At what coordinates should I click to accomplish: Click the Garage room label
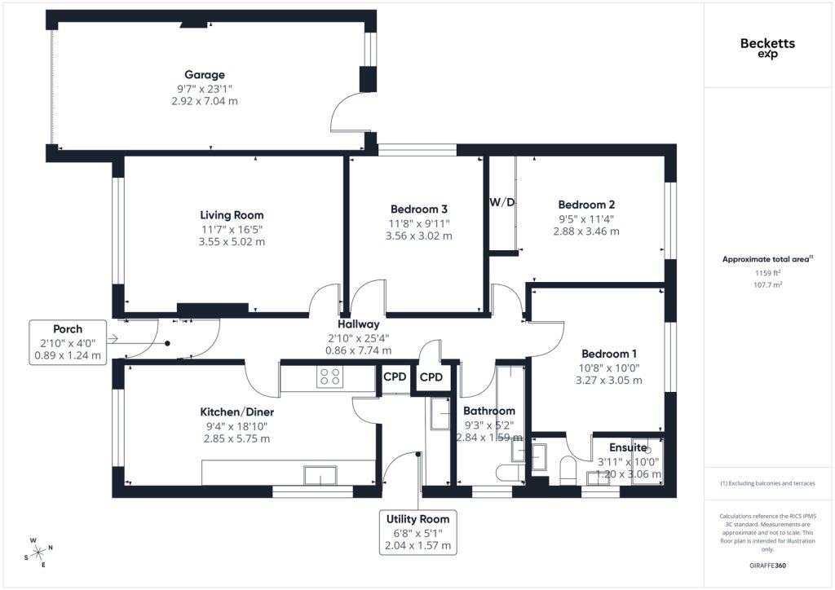pyautogui.click(x=205, y=75)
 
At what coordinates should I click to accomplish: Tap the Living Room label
pyautogui.click(x=232, y=215)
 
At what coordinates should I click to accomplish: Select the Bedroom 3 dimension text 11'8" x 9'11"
pyautogui.click(x=419, y=223)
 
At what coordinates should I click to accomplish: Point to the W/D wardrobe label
pyautogui.click(x=502, y=202)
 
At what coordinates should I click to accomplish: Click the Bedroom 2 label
pyautogui.click(x=586, y=205)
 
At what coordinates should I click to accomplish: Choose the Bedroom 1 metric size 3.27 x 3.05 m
pyautogui.click(x=608, y=381)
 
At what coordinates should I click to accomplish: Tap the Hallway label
pyautogui.click(x=359, y=324)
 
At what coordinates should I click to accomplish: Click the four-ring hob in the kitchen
pyautogui.click(x=329, y=376)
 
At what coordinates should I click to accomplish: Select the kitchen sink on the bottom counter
pyautogui.click(x=320, y=475)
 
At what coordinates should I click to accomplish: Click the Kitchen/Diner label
pyautogui.click(x=237, y=412)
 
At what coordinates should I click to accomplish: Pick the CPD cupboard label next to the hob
pyautogui.click(x=395, y=376)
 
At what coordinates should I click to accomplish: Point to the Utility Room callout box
pyautogui.click(x=418, y=532)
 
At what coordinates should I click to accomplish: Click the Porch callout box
pyautogui.click(x=68, y=342)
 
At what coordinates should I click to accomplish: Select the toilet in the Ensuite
pyautogui.click(x=568, y=471)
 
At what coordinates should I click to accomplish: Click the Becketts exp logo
pyautogui.click(x=767, y=47)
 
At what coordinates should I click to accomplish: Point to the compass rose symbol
pyautogui.click(x=38, y=553)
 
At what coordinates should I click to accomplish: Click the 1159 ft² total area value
pyautogui.click(x=767, y=273)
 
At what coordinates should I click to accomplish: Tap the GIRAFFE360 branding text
pyautogui.click(x=767, y=566)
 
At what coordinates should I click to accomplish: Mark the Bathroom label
pyautogui.click(x=489, y=411)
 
